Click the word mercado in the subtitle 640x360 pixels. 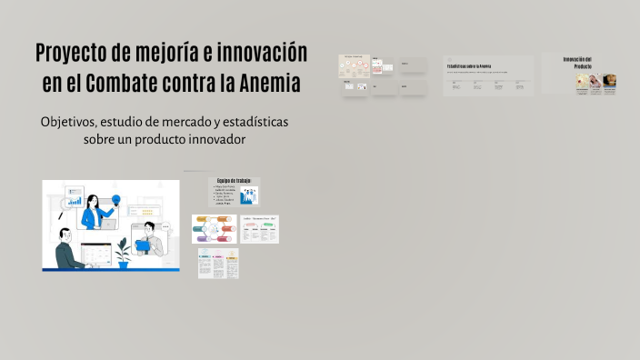(x=179, y=123)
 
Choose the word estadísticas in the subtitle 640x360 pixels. (x=255, y=123)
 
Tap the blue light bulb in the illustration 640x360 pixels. (x=116, y=200)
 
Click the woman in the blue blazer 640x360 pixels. (x=94, y=212)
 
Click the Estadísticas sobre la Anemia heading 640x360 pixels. (x=470, y=67)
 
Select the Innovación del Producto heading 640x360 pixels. (x=577, y=63)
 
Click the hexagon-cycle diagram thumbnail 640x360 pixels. (x=212, y=228)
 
